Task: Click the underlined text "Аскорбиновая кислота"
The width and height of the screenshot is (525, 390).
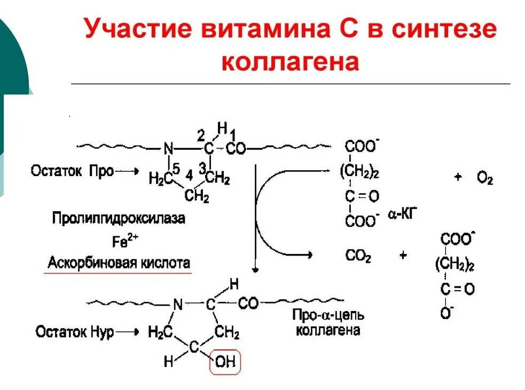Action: (119, 263)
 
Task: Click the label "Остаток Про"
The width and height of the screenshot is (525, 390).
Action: (72, 172)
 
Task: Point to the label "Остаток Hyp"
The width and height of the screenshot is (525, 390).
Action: (75, 332)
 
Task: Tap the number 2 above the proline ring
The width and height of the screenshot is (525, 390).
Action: (201, 133)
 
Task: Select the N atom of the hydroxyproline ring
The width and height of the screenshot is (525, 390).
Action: (178, 305)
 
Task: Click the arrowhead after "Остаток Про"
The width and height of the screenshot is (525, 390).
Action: (135, 172)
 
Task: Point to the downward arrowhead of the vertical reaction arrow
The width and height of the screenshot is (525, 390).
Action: (256, 269)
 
